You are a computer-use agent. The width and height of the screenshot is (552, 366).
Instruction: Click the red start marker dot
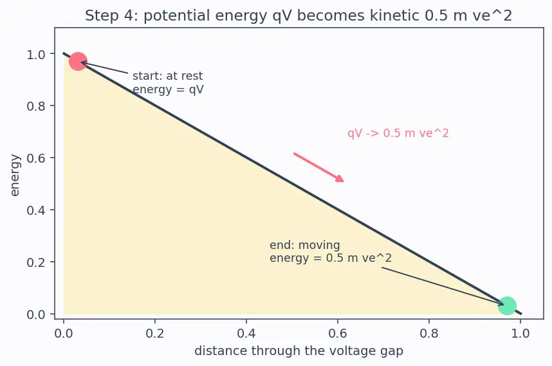(78, 61)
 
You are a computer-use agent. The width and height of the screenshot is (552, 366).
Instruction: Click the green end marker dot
(507, 306)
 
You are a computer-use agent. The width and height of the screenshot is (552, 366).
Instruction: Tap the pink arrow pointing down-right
(318, 167)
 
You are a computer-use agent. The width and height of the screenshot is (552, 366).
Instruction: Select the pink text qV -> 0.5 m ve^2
(398, 133)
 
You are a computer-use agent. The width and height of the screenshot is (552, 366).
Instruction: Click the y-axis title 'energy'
(15, 175)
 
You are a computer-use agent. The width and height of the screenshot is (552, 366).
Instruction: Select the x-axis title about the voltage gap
(299, 351)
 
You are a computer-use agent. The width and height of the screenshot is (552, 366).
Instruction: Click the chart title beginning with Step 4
(299, 15)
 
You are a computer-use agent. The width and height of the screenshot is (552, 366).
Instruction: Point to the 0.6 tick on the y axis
(36, 158)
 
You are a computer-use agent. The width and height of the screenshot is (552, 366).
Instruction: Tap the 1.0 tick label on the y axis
(36, 54)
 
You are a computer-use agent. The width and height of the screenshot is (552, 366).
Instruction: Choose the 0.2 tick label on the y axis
(36, 262)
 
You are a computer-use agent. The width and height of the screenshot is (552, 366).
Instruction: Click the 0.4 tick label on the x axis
(246, 333)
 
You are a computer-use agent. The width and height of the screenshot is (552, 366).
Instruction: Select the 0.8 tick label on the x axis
(429, 333)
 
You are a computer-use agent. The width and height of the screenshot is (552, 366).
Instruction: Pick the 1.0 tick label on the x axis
(520, 333)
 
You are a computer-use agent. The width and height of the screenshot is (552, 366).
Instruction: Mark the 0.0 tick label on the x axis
(63, 333)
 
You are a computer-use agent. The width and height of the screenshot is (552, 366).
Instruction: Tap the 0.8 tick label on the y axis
(36, 105)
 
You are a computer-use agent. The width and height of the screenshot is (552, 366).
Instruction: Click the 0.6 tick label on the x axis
(338, 333)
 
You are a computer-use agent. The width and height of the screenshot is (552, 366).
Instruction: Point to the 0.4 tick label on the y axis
(36, 210)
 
